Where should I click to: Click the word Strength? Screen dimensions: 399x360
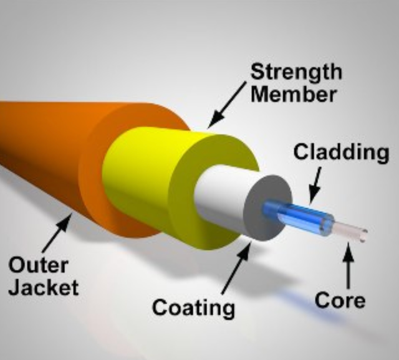coord(296,72)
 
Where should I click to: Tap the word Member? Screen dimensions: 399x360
coord(294,94)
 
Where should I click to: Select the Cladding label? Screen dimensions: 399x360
coord(341,152)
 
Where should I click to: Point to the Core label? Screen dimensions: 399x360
coord(340,300)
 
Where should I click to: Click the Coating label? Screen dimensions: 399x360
coord(193,307)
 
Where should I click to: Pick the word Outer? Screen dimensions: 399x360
coord(38,265)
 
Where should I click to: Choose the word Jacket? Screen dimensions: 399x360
coord(44,287)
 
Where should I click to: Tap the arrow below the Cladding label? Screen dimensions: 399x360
coord(315,186)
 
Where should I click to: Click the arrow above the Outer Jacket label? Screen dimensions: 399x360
coord(57,232)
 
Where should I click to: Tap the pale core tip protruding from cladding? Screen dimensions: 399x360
coord(350,231)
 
